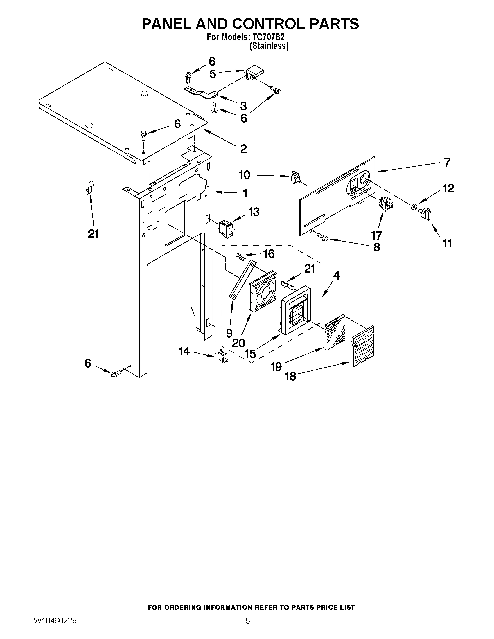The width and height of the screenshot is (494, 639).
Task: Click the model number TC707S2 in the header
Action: point(268,37)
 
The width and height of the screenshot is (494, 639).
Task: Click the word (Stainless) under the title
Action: point(269,46)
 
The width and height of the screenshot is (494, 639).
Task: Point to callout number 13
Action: point(254,212)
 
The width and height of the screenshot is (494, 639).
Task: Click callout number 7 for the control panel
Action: point(447,162)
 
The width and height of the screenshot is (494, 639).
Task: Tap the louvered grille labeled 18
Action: point(363,346)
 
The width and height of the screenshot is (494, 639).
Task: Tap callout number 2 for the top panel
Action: point(243,149)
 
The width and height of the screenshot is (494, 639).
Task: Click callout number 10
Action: point(245,175)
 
